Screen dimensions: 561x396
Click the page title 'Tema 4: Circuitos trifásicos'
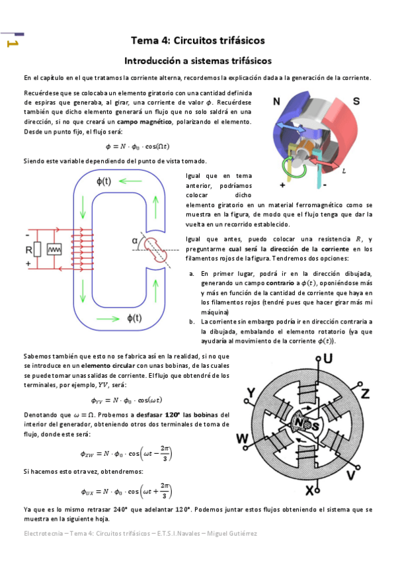point(198,40)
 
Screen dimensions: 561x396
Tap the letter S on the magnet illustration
point(356,102)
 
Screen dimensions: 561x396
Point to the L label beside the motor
point(344,171)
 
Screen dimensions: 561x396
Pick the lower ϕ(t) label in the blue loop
point(135,318)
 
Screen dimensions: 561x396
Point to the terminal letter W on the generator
point(242,439)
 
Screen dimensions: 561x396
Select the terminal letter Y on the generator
point(251,392)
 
